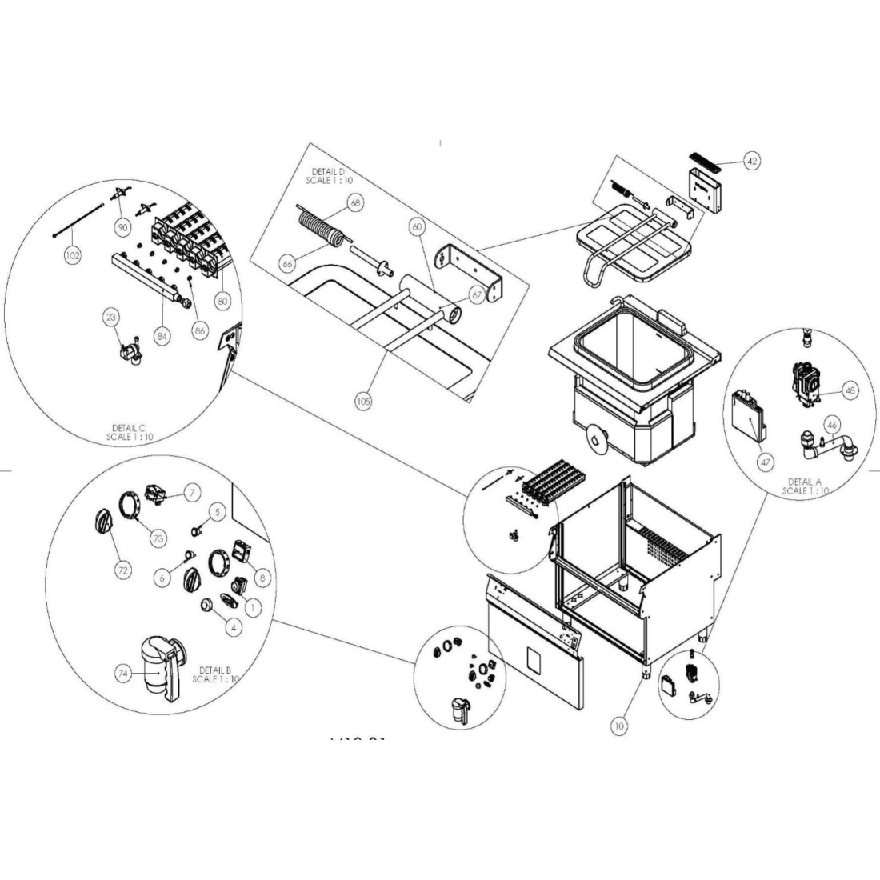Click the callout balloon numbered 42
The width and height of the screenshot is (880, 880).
[x=751, y=161]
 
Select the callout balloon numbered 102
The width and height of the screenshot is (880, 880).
[x=73, y=257]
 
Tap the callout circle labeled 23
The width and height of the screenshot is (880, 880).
[x=110, y=317]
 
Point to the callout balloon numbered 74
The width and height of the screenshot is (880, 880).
[x=122, y=674]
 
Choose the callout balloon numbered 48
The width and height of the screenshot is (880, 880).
[x=849, y=391]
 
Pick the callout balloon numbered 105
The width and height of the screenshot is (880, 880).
[x=363, y=402]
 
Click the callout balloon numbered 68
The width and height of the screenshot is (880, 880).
[x=355, y=203]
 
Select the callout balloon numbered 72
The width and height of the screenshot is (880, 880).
[x=122, y=571]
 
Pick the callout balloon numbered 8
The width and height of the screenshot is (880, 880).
[x=263, y=575]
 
